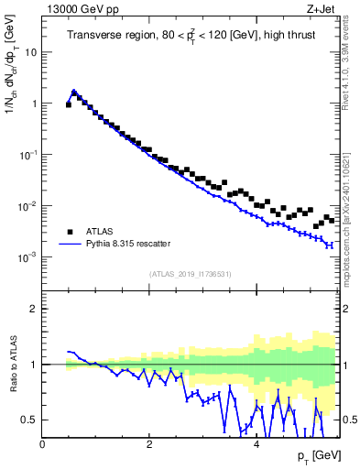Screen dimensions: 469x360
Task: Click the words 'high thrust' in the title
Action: click(x=272, y=36)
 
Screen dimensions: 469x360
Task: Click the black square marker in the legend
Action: click(x=70, y=231)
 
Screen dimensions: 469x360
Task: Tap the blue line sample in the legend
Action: click(x=70, y=244)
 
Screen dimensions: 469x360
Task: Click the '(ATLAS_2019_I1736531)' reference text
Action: click(x=191, y=274)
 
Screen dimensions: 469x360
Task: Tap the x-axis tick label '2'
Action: click(x=149, y=442)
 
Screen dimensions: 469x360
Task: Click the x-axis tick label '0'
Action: click(x=42, y=442)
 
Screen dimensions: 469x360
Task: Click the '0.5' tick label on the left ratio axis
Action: click(x=29, y=420)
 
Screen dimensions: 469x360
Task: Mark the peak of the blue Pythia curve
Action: click(x=74, y=92)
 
